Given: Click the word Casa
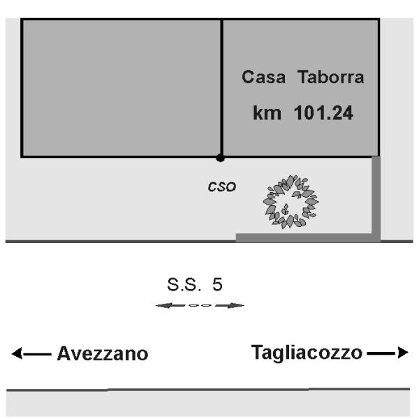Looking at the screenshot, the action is (x=263, y=77).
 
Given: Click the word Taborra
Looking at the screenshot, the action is (x=330, y=77).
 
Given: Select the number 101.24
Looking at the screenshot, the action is (x=323, y=112).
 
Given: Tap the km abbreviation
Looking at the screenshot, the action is (x=267, y=112).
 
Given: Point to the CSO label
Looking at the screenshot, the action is (x=222, y=186).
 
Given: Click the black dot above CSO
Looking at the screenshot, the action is (x=220, y=158).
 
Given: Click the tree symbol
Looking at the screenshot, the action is (x=291, y=202).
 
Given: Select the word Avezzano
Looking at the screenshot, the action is (x=103, y=353).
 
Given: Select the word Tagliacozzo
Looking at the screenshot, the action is (x=307, y=353).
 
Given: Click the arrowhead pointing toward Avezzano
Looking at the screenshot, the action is (x=17, y=353).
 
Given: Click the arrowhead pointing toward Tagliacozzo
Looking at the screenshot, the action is (x=403, y=353).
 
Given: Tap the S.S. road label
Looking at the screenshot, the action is (x=184, y=284).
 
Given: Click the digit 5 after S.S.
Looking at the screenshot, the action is (x=217, y=284).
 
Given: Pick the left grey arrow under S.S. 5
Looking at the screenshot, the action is (x=170, y=305).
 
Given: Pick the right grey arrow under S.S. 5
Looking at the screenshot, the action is (x=230, y=305).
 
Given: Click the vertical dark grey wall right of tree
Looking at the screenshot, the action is (x=376, y=199).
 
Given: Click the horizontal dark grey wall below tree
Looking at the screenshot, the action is (x=308, y=237).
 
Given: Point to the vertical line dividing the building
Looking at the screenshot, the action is (x=222, y=88).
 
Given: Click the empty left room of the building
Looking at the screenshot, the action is (x=122, y=88).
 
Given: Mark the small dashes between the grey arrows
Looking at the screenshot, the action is (x=200, y=305).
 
